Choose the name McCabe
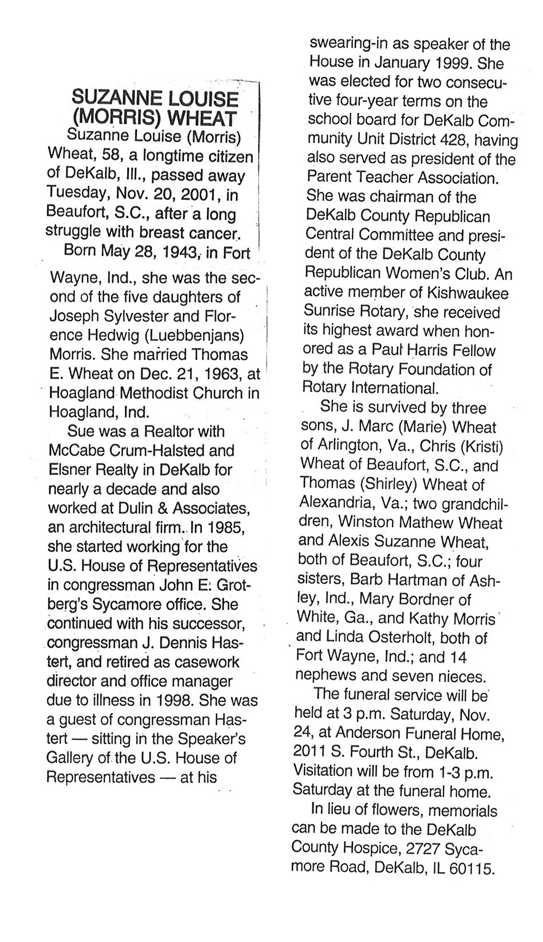coord(76,450)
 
